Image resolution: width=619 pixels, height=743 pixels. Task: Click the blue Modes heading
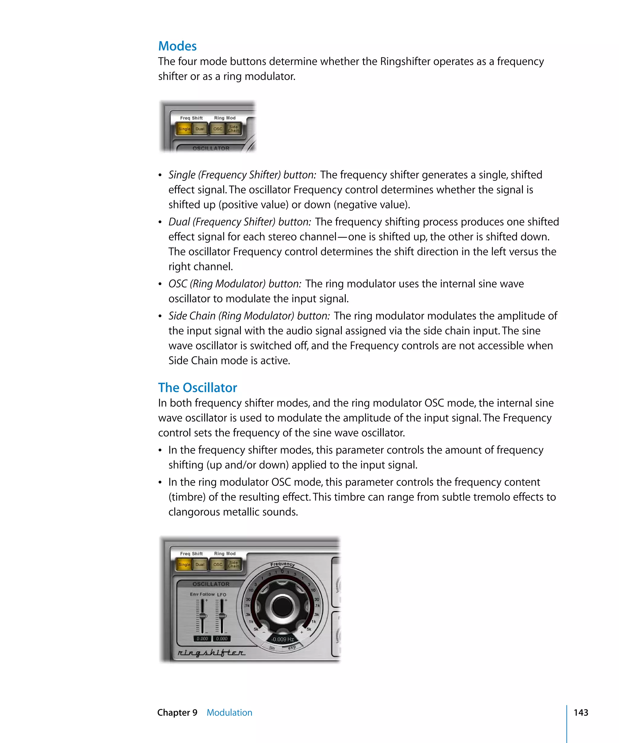coord(177,46)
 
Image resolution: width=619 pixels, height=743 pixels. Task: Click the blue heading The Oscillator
coord(197,388)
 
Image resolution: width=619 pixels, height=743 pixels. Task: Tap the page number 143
coord(580,712)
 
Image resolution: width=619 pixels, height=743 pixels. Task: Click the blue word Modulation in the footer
coord(229,712)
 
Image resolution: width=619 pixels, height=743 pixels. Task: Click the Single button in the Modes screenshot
coord(184,129)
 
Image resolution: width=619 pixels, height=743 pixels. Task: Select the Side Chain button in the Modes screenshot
coord(233,128)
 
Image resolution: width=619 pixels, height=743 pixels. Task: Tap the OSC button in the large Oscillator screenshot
coord(218,564)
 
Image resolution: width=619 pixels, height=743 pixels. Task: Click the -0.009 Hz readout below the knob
coord(282,639)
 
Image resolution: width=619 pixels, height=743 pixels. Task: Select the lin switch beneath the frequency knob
coord(272,647)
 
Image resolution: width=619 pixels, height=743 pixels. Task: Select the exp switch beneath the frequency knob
coord(292,647)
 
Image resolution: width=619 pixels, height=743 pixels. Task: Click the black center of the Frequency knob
coord(282,606)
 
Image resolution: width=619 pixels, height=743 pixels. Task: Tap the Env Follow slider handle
coord(203,616)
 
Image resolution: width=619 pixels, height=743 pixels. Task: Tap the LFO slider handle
coord(222,616)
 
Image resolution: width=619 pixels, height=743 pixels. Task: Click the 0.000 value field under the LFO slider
coord(222,639)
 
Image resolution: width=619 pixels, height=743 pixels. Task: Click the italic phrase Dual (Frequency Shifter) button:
coord(239,222)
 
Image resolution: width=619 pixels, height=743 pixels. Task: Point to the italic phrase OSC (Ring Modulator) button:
coord(235,284)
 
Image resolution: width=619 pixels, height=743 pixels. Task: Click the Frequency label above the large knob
coord(282,564)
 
